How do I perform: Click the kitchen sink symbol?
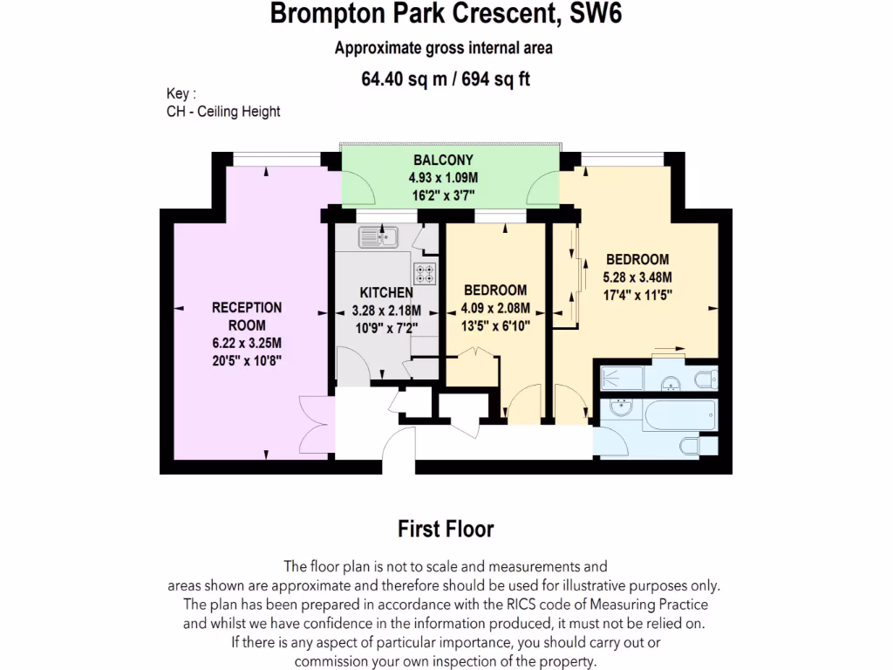(378, 236)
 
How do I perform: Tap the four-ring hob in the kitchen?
(425, 273)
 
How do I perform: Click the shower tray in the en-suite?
(621, 378)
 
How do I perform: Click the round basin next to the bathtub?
(622, 407)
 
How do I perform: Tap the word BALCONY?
(443, 160)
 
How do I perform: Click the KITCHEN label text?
(386, 293)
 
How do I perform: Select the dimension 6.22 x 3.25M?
(247, 343)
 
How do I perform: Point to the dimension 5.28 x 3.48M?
(637, 277)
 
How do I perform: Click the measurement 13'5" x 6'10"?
(495, 325)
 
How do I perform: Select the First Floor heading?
(446, 529)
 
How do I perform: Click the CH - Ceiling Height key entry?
(223, 112)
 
